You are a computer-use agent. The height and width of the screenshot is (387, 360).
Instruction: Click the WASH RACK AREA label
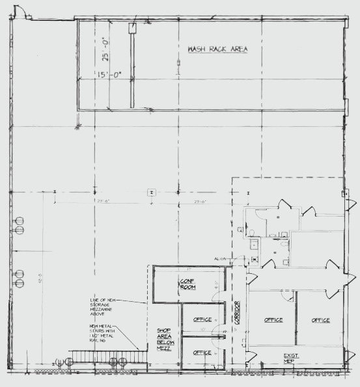[x=218, y=49]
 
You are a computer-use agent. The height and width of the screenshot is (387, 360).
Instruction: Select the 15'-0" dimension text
[x=109, y=75]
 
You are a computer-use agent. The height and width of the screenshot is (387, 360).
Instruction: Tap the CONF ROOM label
[x=188, y=284]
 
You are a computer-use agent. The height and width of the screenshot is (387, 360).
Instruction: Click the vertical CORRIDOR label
[x=238, y=312]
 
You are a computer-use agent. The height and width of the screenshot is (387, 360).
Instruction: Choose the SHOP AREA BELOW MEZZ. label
[x=164, y=339]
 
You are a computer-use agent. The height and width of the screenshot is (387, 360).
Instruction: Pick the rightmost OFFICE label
[x=320, y=320]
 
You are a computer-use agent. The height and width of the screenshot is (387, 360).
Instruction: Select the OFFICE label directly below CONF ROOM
[x=202, y=319]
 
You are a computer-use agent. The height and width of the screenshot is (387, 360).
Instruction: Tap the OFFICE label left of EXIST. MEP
[x=202, y=353]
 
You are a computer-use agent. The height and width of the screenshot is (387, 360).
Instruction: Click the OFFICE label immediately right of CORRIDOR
[x=273, y=320]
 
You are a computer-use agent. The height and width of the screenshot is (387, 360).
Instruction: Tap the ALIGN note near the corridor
[x=220, y=259]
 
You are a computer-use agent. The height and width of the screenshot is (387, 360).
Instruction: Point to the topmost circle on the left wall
[x=19, y=220]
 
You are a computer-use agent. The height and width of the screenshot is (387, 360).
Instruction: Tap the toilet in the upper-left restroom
[x=251, y=232]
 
